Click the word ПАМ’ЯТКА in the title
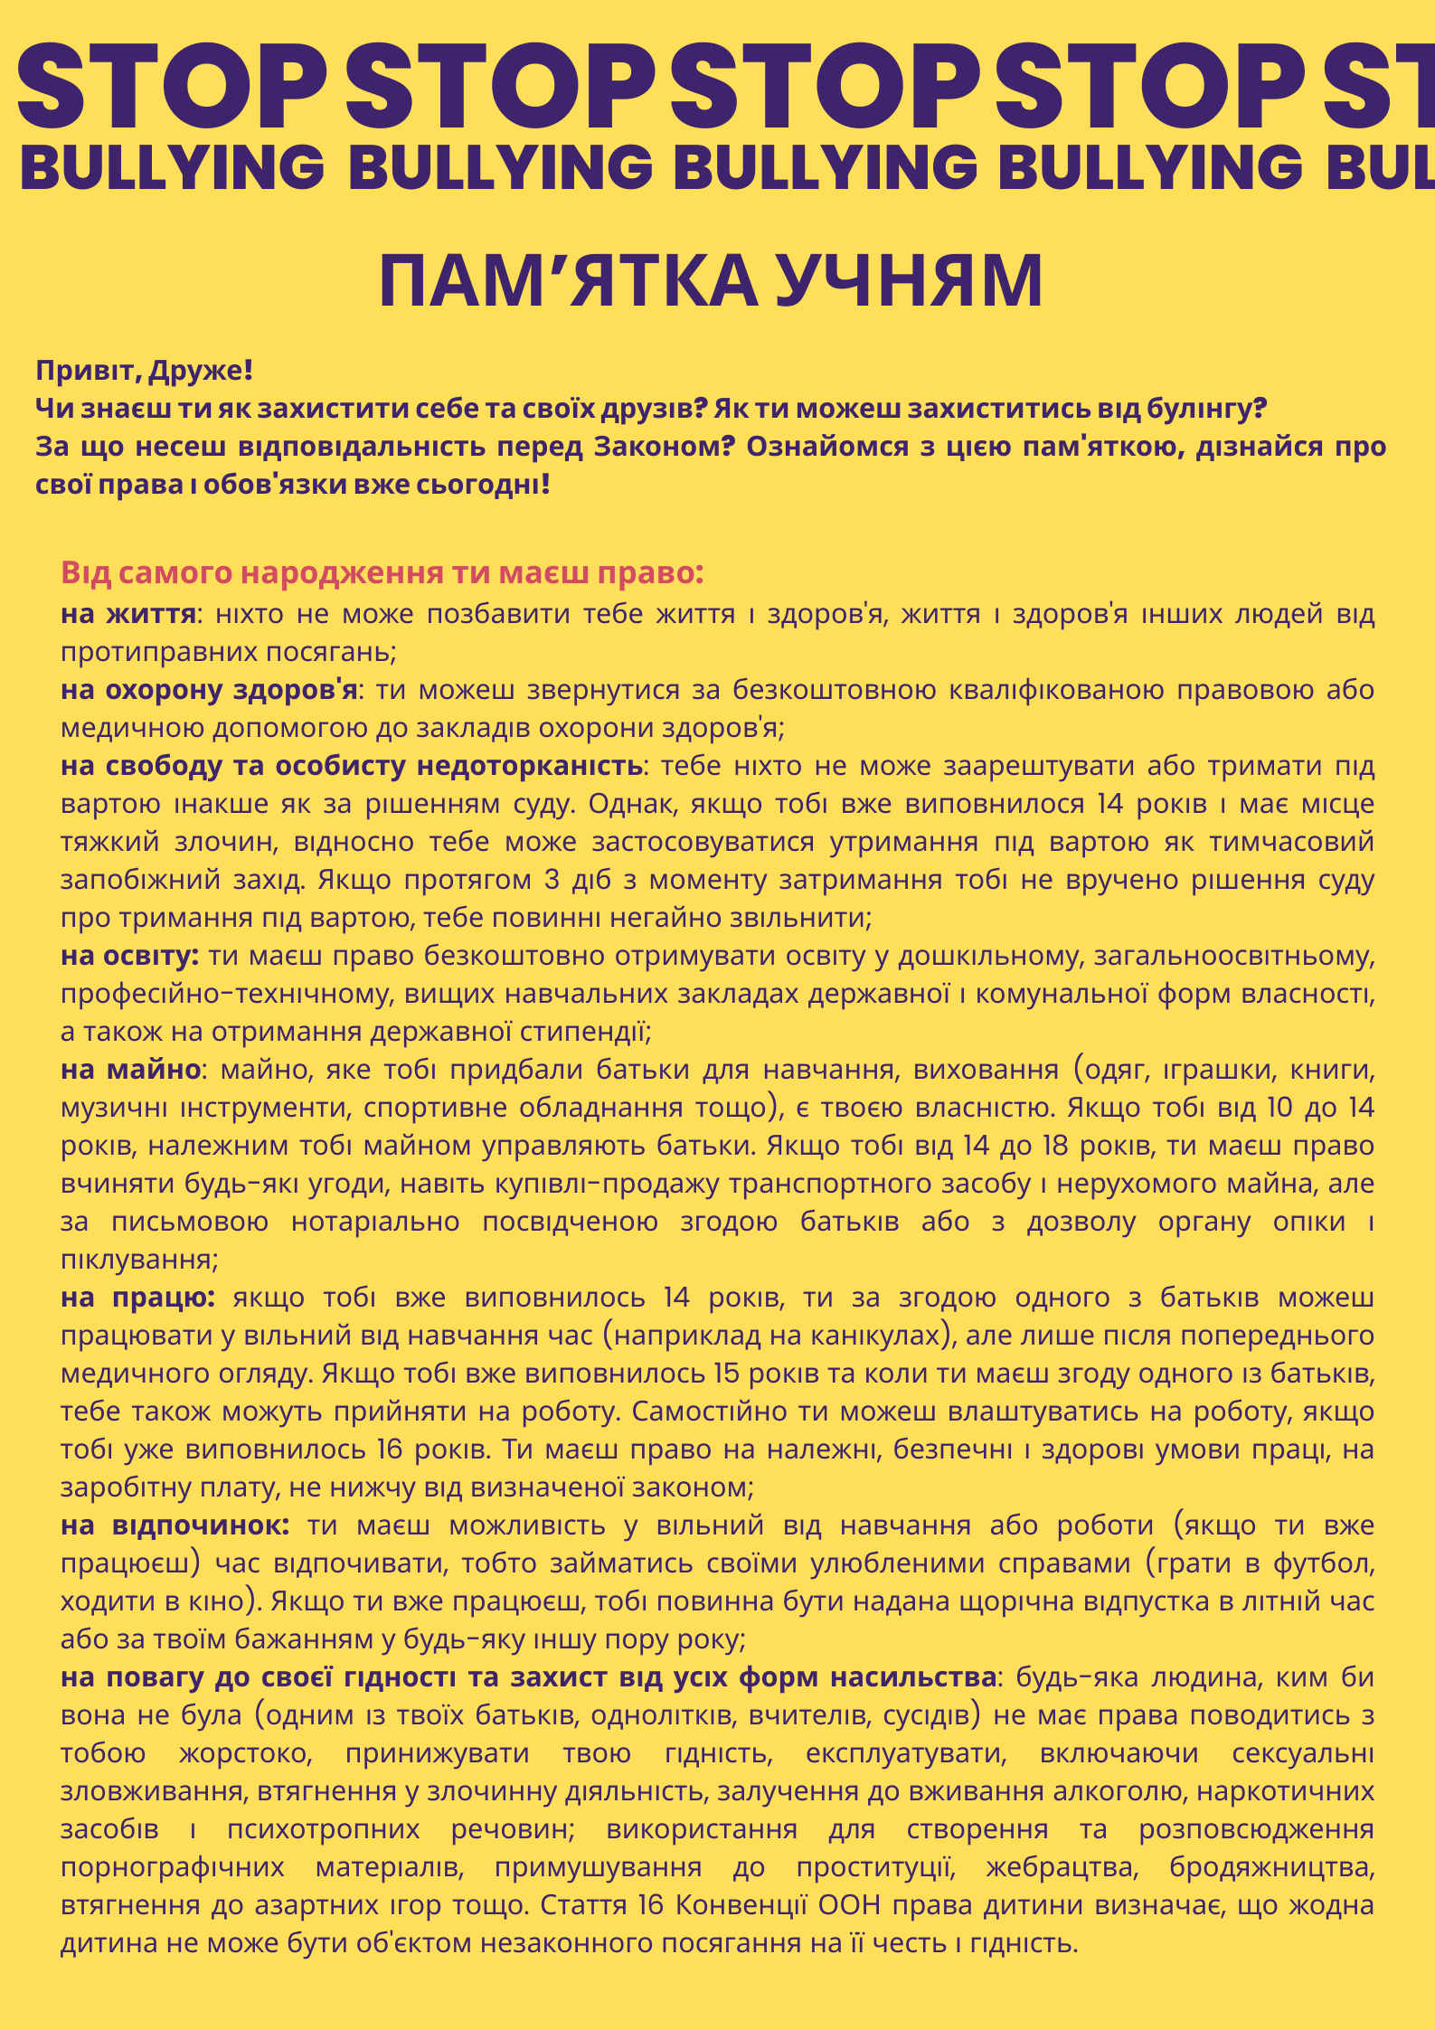(x=567, y=281)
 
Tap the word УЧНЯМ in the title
(x=909, y=281)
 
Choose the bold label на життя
(x=128, y=614)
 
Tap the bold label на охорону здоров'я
(x=209, y=690)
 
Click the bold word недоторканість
(x=529, y=766)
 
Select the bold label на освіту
(x=129, y=956)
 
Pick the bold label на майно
(x=130, y=1070)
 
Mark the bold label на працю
(x=137, y=1298)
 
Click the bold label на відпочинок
(x=175, y=1525)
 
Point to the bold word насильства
(x=913, y=1677)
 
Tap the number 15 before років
(x=726, y=1374)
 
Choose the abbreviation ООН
(x=849, y=1905)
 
